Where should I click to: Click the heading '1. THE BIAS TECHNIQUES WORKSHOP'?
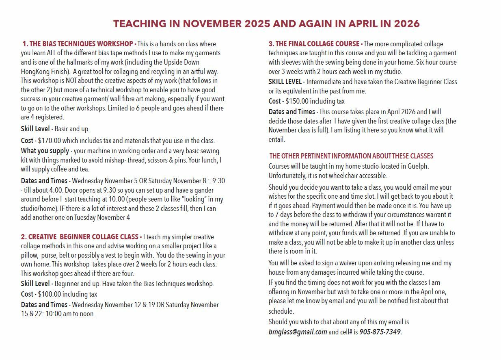(x=78, y=44)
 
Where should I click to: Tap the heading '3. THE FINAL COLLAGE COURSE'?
(x=314, y=44)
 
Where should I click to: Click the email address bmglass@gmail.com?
(x=298, y=332)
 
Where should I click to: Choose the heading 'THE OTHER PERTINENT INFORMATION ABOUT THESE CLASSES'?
(x=351, y=156)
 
